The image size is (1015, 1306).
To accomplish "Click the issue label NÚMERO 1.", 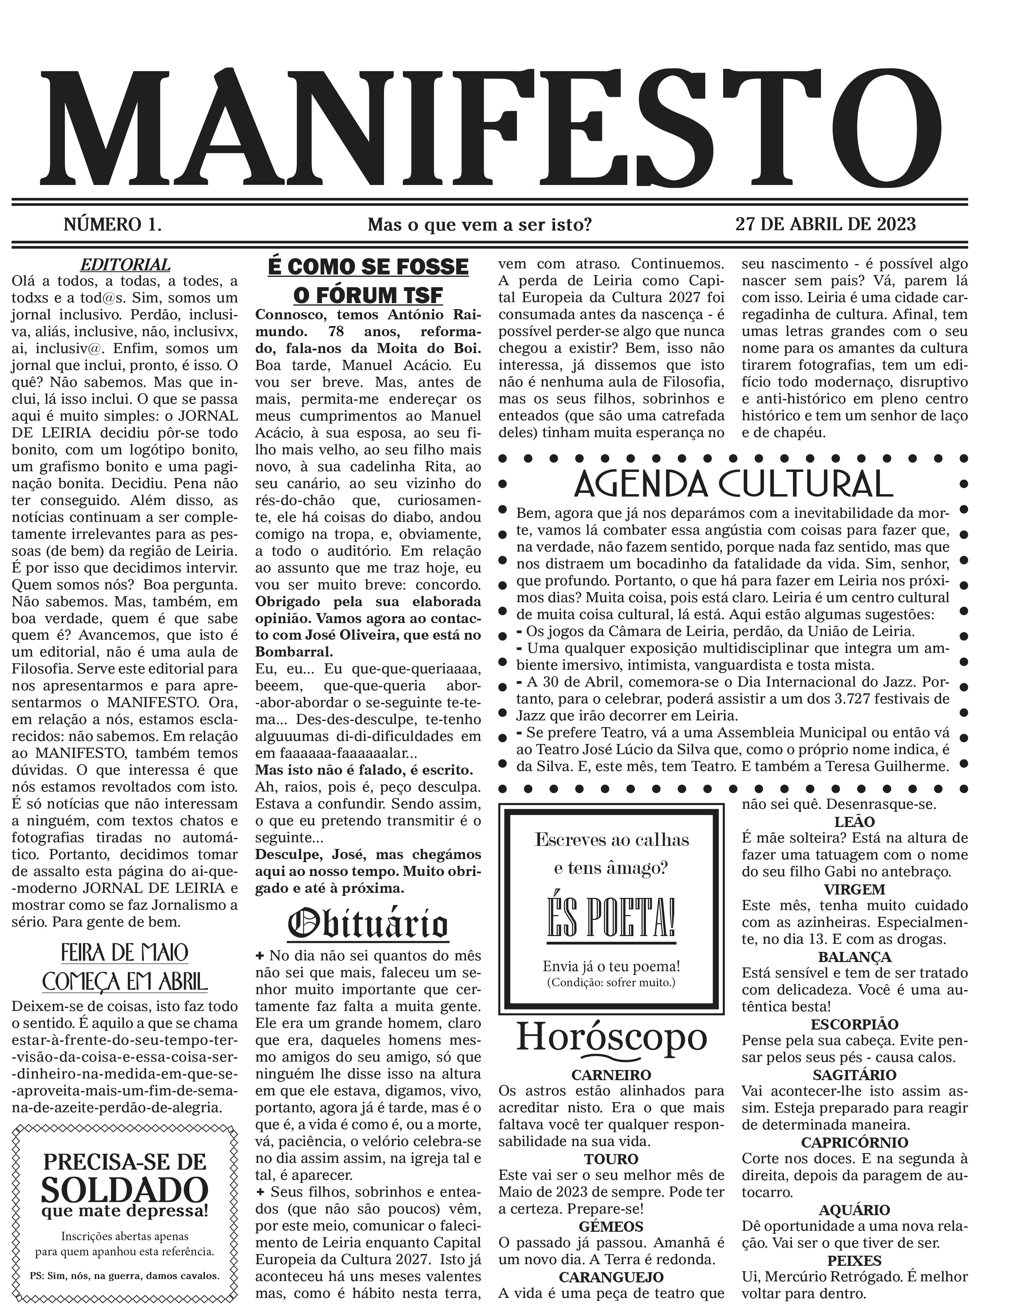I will pyautogui.click(x=113, y=224).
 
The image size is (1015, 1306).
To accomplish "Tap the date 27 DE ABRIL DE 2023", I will pyautogui.click(x=825, y=224).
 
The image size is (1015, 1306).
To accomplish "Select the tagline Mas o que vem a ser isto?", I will pyautogui.click(x=479, y=225).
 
